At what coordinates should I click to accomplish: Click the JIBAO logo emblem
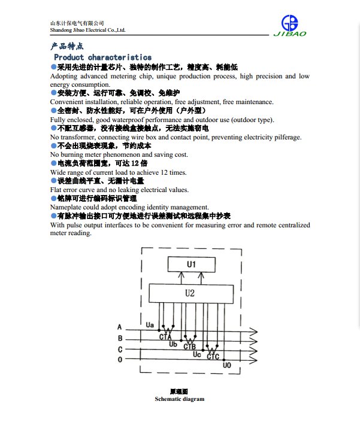pyautogui.click(x=290, y=23)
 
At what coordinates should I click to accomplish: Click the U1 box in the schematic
pyautogui.click(x=191, y=263)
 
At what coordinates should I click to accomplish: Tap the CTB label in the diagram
pyautogui.click(x=189, y=346)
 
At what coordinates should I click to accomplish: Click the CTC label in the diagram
pyautogui.click(x=213, y=357)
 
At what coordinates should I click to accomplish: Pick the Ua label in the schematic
pyautogui.click(x=150, y=324)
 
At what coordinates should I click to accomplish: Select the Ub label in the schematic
pyautogui.click(x=173, y=344)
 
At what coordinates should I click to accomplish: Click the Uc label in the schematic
pyautogui.click(x=197, y=354)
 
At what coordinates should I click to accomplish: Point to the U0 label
pyautogui.click(x=226, y=365)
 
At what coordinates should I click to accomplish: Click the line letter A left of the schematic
pyautogui.click(x=120, y=327)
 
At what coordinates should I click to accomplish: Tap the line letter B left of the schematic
pyautogui.click(x=120, y=338)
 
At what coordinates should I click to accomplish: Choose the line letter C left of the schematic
pyautogui.click(x=120, y=349)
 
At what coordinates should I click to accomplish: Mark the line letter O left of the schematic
pyautogui.click(x=120, y=360)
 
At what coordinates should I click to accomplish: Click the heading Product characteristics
pyautogui.click(x=102, y=57)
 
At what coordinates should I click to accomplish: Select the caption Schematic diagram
pyautogui.click(x=179, y=398)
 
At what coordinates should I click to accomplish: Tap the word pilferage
pyautogui.click(x=286, y=137)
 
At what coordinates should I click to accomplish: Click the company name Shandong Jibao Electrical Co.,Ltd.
pyautogui.click(x=87, y=29)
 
